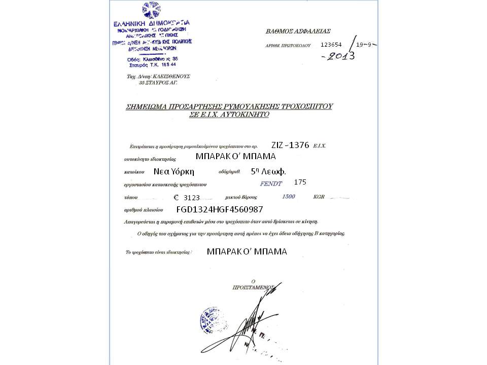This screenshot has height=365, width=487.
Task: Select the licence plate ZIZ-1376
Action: pyautogui.click(x=290, y=145)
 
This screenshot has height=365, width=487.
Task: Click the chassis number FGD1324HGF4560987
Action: pyautogui.click(x=220, y=209)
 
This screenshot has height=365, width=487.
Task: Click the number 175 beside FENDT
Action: pyautogui.click(x=300, y=182)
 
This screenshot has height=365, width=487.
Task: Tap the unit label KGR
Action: pyautogui.click(x=319, y=196)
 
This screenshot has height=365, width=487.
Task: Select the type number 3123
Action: pyautogui.click(x=195, y=197)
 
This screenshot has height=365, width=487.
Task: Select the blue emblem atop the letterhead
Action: pyautogui.click(x=150, y=10)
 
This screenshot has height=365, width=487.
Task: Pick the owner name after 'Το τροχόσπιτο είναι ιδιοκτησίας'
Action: pyautogui.click(x=247, y=251)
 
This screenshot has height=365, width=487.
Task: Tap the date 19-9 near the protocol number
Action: pyautogui.click(x=364, y=45)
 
